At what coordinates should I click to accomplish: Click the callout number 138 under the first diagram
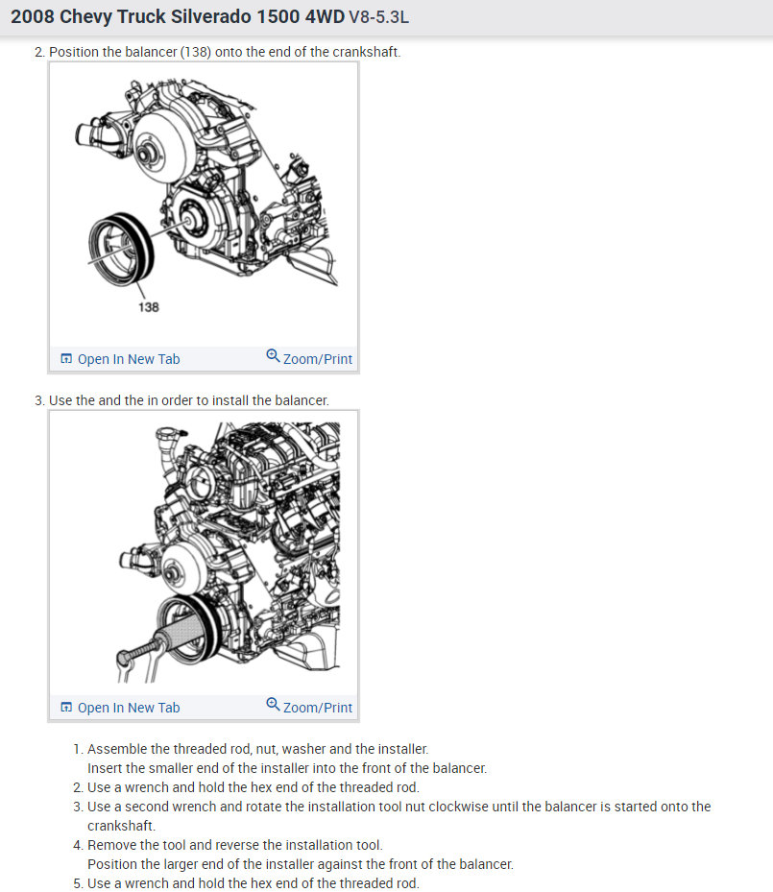coord(149,307)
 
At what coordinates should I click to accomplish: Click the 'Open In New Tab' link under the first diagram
coord(129,359)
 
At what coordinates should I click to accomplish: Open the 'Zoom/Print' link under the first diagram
coord(318,359)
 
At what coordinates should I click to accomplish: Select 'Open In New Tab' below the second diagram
coord(129,708)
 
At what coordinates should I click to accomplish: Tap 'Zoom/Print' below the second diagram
coord(318,708)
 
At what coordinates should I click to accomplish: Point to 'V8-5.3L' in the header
coord(378,17)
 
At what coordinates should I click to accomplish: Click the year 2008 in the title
coord(33,16)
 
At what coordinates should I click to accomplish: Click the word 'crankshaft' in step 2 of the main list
coord(365,52)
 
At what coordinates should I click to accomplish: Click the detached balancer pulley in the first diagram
coord(121,250)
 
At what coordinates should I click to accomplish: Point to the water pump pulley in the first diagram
coord(163,147)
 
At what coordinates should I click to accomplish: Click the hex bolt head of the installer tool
coord(125,659)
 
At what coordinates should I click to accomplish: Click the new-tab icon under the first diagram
coord(66,359)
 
